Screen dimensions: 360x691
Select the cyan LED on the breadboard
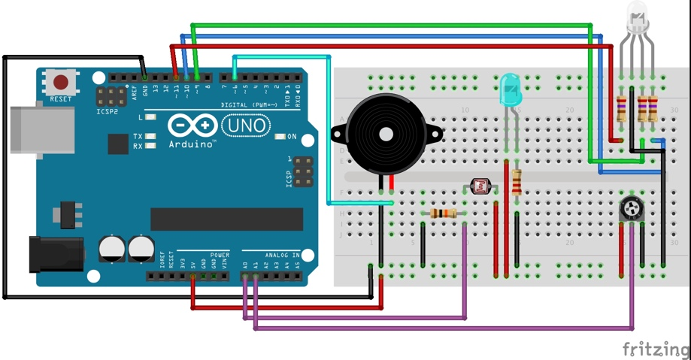510,89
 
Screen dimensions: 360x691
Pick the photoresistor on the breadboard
478,185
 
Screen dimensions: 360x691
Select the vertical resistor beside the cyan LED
517,182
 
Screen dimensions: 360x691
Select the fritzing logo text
655,349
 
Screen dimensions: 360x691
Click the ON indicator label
292,137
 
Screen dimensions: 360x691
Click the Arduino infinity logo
194,125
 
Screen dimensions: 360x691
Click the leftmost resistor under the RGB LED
621,109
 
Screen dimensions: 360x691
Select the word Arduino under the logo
191,144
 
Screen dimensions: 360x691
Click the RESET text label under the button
61,99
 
